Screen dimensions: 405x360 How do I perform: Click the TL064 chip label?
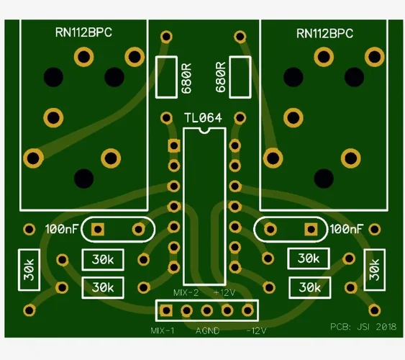click(x=203, y=118)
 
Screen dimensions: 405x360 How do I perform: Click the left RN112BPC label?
click(x=83, y=32)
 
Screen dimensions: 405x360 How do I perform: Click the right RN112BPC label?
click(x=324, y=34)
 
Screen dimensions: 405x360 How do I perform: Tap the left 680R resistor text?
click(x=186, y=78)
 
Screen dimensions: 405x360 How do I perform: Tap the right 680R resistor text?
click(x=221, y=77)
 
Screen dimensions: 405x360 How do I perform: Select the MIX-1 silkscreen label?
click(x=163, y=330)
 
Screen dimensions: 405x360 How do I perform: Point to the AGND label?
click(x=207, y=330)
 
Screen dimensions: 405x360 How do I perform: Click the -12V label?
click(x=256, y=330)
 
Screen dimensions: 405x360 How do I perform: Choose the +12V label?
click(x=224, y=293)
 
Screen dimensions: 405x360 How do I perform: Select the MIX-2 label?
click(x=186, y=293)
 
